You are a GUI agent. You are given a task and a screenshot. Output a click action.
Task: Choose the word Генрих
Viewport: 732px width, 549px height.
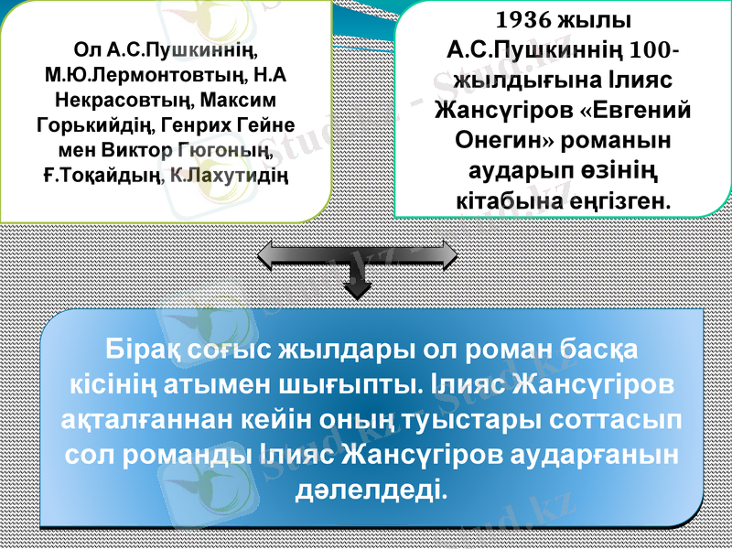pos(199,123)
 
